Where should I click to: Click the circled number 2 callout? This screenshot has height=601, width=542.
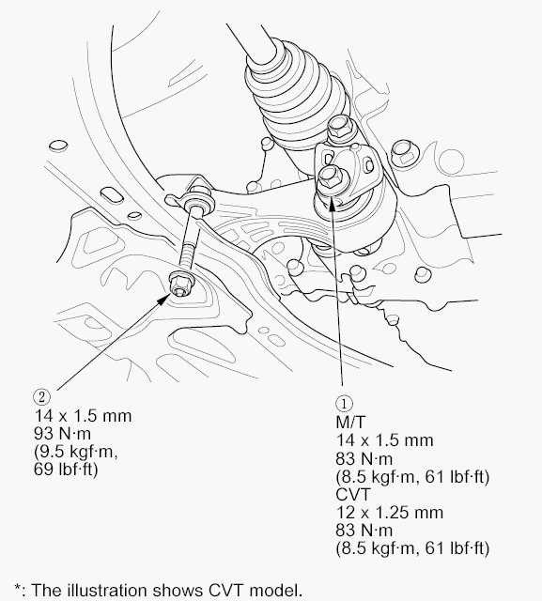click(41, 396)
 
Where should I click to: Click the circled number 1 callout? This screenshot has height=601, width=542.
click(344, 403)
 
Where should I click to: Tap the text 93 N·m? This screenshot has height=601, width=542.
click(63, 434)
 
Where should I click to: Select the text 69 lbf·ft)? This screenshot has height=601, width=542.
click(66, 469)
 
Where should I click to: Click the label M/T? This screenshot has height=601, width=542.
click(350, 422)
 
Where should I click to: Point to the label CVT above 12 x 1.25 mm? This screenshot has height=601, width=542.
click(353, 495)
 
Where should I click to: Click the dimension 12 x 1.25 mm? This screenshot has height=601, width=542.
click(390, 513)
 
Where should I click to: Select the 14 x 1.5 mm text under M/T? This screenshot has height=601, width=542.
click(384, 440)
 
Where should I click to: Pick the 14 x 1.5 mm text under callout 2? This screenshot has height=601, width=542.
click(83, 415)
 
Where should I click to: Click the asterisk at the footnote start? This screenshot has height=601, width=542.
click(17, 588)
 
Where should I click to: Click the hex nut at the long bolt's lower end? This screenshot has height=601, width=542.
click(181, 285)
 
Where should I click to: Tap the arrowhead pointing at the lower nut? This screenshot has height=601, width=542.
click(164, 299)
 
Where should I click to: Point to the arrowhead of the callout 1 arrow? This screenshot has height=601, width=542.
click(332, 203)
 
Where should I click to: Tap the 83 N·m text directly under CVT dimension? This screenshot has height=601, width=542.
click(364, 531)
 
